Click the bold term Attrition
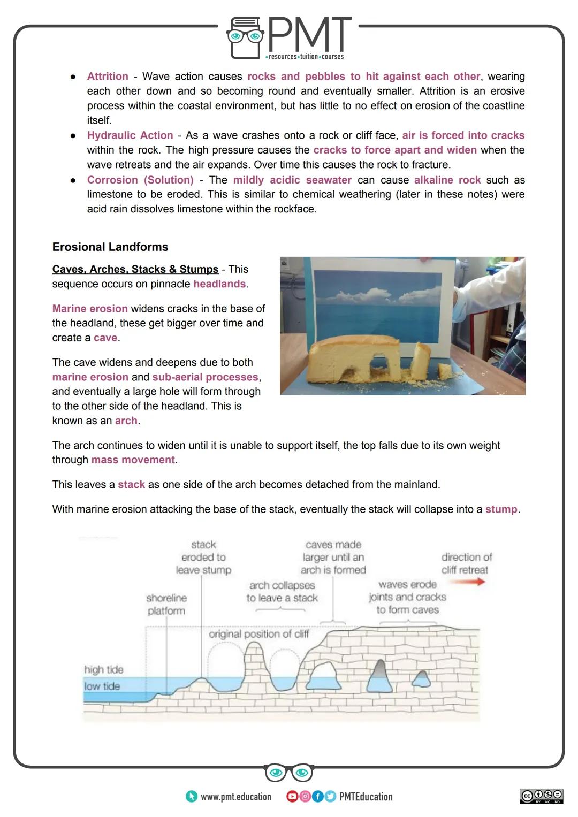pos(108,77)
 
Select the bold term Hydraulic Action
pos(130,135)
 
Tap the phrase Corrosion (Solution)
pos(140,180)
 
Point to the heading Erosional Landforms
pos(110,247)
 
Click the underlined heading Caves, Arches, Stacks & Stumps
pos(135,269)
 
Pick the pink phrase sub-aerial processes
pos(206,377)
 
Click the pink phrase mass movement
pos(133,460)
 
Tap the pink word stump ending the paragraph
pos(501,509)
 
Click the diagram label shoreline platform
pos(166,604)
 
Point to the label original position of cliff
pos(259,634)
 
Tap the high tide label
pos(104,669)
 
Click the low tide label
pos(102,686)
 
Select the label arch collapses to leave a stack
pos(282,592)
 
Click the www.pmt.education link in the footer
pos(235,797)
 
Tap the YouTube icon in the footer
pos(292,797)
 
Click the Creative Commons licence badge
pos(541,796)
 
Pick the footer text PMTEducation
pos(366,797)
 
